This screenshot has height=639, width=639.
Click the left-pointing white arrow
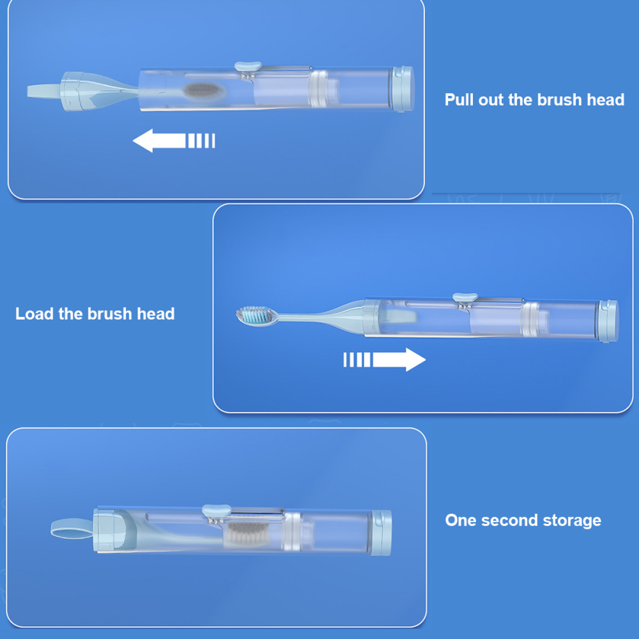pos(174,141)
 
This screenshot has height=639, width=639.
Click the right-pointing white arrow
pos(384,359)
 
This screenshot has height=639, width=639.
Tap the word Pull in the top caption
pos(459,100)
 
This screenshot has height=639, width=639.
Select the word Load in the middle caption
pos(34,314)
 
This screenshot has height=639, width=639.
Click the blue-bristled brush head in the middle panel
pos(255,316)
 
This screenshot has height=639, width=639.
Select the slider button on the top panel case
pos(248,66)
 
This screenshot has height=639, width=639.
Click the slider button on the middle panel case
pos(465,298)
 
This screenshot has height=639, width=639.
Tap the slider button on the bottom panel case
pos(216,510)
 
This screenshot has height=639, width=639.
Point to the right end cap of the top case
pos(403,88)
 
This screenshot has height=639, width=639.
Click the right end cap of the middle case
pos(609,321)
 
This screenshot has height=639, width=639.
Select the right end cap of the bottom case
pos(381,532)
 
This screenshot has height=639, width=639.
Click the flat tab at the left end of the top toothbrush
pos(44,91)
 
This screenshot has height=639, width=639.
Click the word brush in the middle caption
pos(110,314)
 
